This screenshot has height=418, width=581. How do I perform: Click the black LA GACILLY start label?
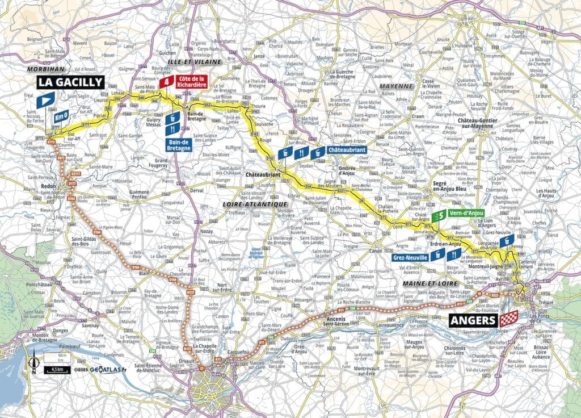[71, 82]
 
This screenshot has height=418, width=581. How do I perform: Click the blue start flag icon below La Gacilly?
[45, 102]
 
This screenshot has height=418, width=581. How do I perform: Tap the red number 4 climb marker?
[166, 82]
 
